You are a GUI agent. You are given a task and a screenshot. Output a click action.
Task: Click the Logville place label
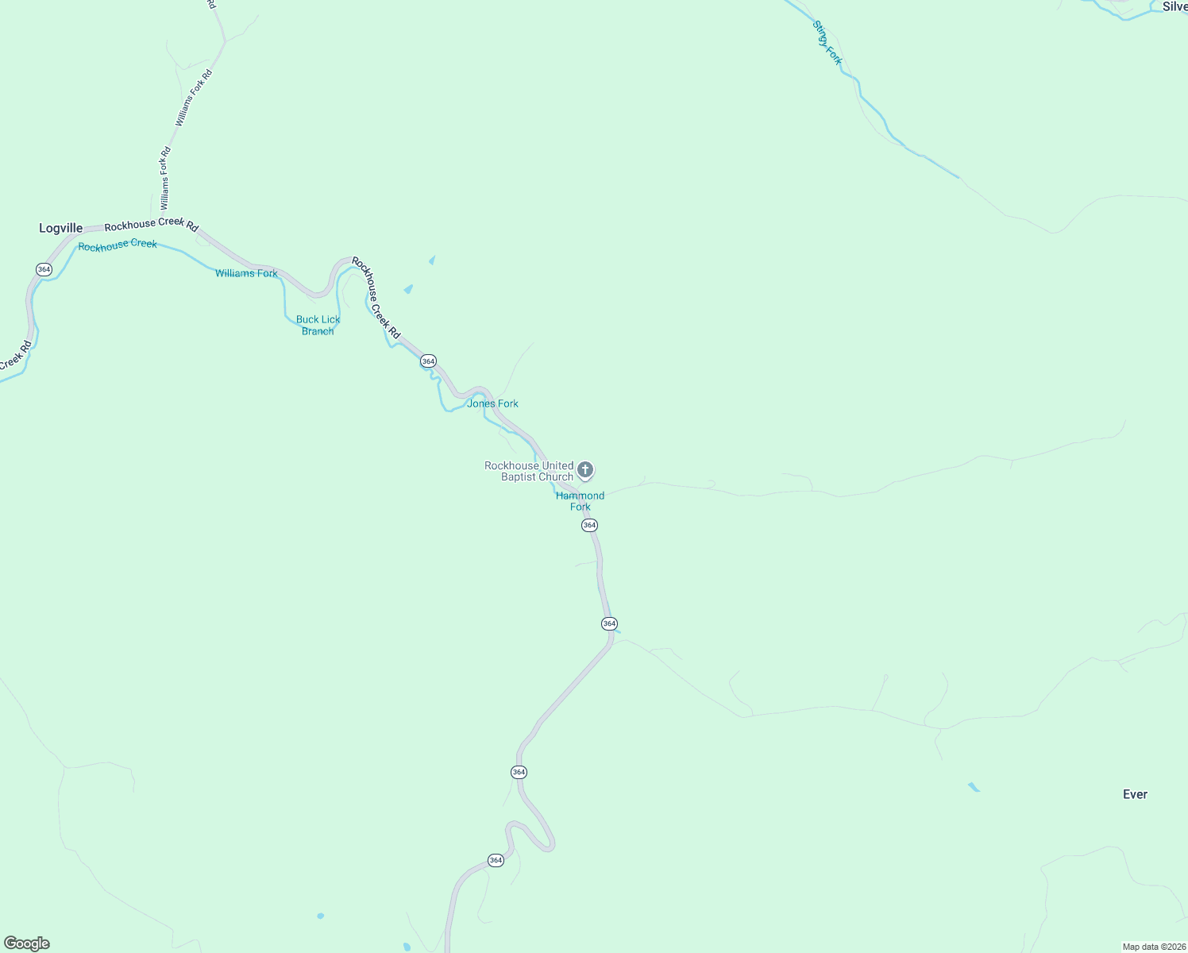61,229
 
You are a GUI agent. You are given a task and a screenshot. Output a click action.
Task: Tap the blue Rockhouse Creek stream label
118,245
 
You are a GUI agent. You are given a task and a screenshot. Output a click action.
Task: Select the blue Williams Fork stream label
246,273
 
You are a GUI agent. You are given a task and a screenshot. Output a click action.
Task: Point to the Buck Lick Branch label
318,326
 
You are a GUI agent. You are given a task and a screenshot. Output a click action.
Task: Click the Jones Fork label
492,403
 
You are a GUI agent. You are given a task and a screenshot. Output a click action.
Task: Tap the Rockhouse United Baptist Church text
529,471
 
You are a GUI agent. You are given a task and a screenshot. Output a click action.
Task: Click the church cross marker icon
585,470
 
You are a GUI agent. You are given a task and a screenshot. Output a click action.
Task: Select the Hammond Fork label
580,501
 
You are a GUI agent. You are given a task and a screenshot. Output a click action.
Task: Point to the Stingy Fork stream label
827,43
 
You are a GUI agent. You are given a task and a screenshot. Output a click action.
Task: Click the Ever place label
1135,794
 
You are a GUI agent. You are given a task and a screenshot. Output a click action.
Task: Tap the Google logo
27,943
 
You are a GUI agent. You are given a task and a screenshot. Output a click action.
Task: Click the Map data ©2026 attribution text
1154,947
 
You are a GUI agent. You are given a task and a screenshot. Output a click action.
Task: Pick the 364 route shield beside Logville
44,270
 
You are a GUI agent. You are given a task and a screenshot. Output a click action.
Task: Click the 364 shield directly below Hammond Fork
589,526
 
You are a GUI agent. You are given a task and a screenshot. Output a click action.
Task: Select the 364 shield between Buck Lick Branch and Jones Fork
428,361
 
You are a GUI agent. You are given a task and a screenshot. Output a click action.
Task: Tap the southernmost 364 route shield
496,860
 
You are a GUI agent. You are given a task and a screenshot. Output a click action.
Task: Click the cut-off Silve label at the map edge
1174,7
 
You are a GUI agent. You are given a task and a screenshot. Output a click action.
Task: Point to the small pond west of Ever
974,787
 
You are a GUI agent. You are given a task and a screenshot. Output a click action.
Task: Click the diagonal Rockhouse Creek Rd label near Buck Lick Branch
376,298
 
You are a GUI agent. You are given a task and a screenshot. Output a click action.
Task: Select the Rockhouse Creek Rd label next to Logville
151,225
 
